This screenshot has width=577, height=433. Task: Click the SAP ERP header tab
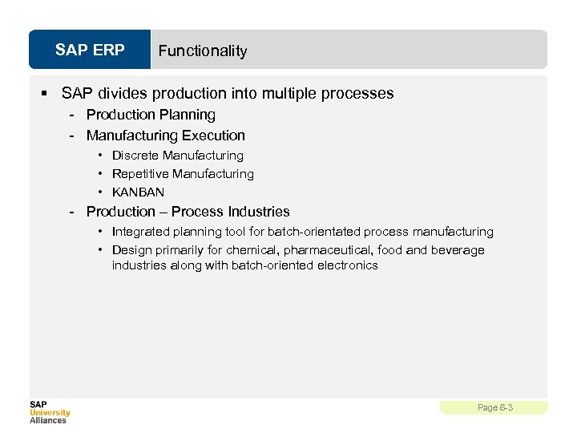[90, 51]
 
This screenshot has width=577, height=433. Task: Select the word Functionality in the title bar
[203, 51]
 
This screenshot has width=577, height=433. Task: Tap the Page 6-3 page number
[494, 408]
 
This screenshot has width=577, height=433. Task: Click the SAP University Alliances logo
[50, 411]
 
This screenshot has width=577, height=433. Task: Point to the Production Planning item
[151, 115]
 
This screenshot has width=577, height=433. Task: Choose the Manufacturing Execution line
[165, 136]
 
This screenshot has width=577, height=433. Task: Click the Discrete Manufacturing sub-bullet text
[177, 156]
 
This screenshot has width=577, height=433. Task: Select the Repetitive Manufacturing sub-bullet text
[183, 174]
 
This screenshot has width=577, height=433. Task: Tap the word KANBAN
[138, 192]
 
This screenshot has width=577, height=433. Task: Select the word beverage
[458, 250]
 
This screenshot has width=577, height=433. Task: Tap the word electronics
[347, 265]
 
